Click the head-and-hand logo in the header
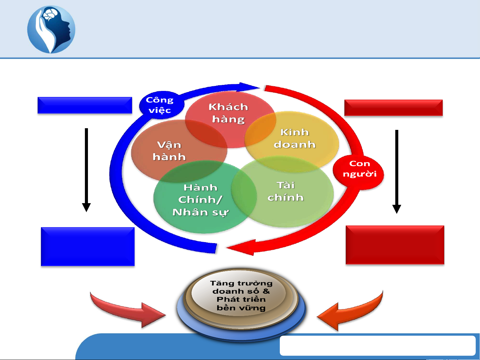point(51,29)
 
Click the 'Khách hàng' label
point(229,113)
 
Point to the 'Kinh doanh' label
point(294,138)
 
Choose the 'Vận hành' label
point(169,151)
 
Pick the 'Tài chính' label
point(285,191)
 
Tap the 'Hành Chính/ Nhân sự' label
point(201,200)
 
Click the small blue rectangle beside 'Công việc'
point(85,105)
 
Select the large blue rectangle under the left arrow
point(88,246)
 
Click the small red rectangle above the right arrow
point(393,108)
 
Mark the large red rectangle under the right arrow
point(395,245)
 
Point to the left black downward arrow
point(86,170)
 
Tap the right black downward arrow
point(396,172)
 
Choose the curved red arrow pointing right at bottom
point(130,310)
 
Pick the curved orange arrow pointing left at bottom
point(350,311)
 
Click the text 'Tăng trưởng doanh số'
point(241,287)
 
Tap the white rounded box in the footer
point(377,346)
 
